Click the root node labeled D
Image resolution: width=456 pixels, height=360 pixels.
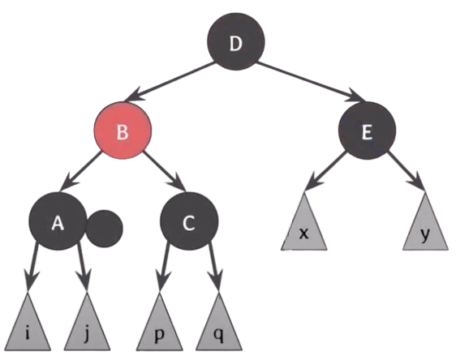(x=236, y=41)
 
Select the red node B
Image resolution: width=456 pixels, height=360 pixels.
(x=123, y=131)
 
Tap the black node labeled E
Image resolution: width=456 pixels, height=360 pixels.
(x=367, y=131)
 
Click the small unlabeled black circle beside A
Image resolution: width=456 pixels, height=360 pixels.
(x=105, y=229)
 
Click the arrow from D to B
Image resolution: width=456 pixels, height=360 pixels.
(x=170, y=82)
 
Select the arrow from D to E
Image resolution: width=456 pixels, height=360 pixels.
(x=311, y=82)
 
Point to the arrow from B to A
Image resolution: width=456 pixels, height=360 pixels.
(x=80, y=171)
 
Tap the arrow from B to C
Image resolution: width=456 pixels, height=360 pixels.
(x=165, y=171)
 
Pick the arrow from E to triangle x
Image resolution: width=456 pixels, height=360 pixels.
(x=325, y=171)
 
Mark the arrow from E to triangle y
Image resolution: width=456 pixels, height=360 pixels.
(x=407, y=171)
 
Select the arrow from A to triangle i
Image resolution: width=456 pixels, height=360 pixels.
(x=32, y=267)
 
